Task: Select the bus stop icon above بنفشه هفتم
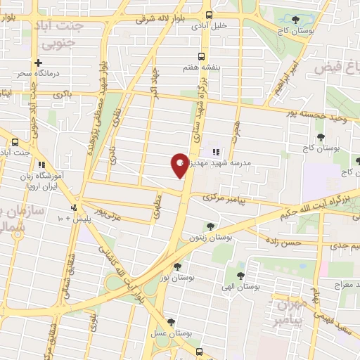[x=202, y=56]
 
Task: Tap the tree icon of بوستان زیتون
[x=210, y=226]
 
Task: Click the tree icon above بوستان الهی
[x=241, y=276]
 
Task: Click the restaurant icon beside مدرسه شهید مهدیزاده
[x=216, y=150]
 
